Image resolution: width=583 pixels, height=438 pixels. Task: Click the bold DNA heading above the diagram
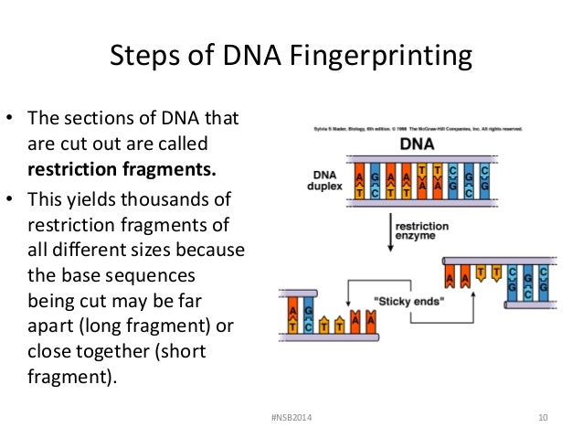[417, 144]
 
